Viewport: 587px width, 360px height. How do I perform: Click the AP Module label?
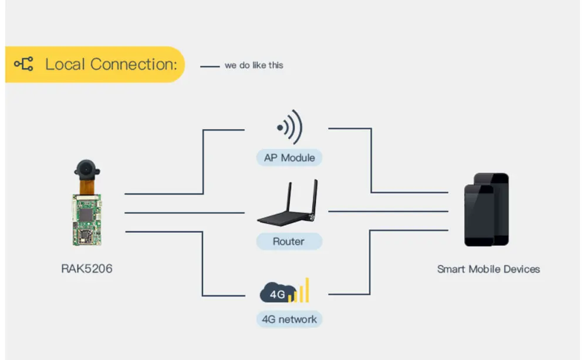click(289, 158)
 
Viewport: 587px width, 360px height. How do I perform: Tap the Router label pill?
click(289, 241)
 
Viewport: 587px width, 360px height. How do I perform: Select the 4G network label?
click(289, 319)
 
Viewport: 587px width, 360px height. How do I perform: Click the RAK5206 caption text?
click(86, 268)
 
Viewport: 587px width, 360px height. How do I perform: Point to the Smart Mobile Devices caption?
click(488, 269)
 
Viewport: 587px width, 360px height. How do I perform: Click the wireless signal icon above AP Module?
click(289, 127)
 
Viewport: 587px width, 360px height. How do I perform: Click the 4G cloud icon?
click(278, 292)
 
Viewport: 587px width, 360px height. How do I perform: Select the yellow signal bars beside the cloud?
click(301, 290)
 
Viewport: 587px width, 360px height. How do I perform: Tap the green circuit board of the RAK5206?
click(87, 220)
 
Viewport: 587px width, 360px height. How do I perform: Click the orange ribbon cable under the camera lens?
click(86, 187)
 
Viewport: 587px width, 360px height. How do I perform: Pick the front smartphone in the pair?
click(479, 215)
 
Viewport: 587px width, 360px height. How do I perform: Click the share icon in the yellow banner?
click(23, 64)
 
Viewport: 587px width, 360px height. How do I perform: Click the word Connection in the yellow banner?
click(134, 65)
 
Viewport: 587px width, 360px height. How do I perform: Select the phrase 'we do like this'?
click(254, 65)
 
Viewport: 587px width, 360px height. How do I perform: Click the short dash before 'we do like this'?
click(210, 67)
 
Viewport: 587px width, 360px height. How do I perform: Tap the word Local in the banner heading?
click(65, 65)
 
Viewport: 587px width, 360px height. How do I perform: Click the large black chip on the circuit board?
click(86, 214)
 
